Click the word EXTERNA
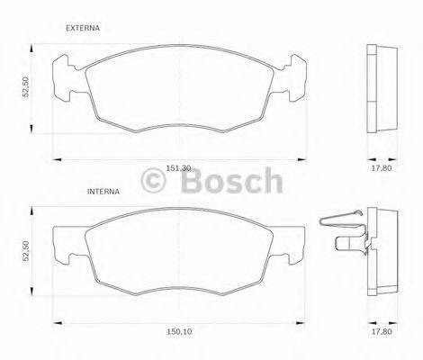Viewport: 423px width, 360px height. [83, 29]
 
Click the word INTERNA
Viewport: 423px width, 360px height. [104, 193]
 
